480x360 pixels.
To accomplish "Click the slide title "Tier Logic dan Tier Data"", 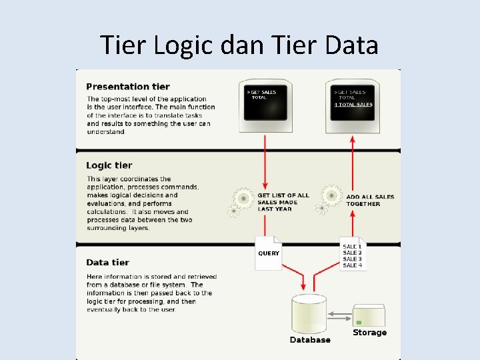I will pos(239,45).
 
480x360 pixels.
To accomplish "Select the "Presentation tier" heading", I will pos(127,87).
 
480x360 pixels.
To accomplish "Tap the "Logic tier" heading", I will pos(109,165).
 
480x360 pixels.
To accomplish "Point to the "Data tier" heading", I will pos(107,262).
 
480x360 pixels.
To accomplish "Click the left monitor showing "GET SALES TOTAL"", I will pos(265,102).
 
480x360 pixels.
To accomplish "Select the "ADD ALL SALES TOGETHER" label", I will pos(370,200).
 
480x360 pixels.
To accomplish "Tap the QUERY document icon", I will pos(269,253).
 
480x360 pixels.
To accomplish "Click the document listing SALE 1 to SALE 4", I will pos(353,253).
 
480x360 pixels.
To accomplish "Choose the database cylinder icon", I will pos(309,313).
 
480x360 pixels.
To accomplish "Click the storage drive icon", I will pos(369,315).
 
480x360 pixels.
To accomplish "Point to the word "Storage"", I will pos(369,332).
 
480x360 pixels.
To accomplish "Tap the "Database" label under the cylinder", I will pos(309,340).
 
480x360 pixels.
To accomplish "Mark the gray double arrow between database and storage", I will pos(340,315).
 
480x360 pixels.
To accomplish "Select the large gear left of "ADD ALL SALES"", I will pos(331,195).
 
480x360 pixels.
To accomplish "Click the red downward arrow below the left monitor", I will pos(265,160).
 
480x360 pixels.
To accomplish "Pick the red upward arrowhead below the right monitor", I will pos(352,139).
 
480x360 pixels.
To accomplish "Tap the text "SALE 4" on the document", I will pos(352,265).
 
